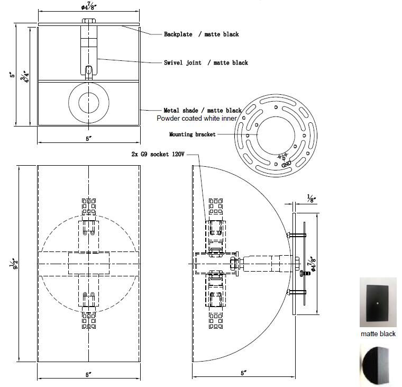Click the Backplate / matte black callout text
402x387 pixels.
click(x=201, y=34)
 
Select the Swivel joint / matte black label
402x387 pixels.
click(x=206, y=62)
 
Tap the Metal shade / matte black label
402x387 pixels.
click(x=203, y=110)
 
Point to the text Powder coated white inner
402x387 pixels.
click(x=197, y=118)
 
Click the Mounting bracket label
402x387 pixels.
click(x=193, y=134)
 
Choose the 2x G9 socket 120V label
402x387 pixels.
click(x=158, y=154)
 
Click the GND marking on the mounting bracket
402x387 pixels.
click(x=286, y=163)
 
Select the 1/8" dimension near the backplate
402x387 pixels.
click(x=311, y=199)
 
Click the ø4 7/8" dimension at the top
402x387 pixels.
click(x=89, y=6)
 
